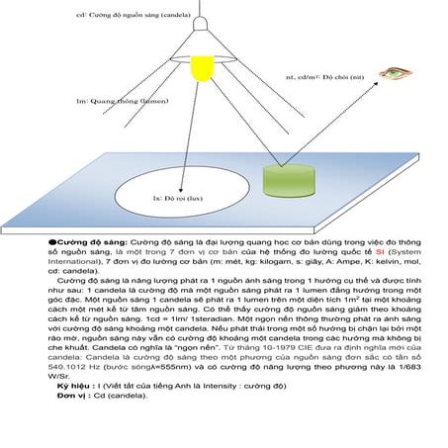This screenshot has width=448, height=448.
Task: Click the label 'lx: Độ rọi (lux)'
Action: tap(177, 198)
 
